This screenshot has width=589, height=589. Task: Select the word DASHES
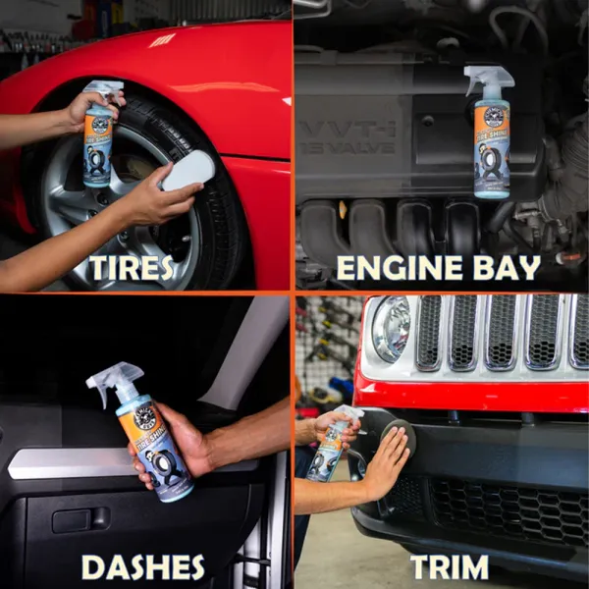click(x=142, y=566)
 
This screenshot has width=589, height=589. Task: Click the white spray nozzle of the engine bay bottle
click(x=482, y=77)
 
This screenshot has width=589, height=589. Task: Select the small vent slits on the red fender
click(x=163, y=40)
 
